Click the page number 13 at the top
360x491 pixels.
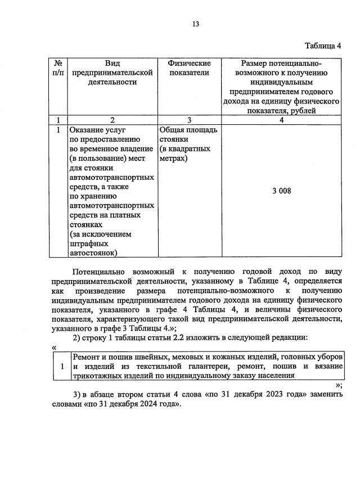click(195, 24)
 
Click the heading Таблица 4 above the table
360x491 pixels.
click(323, 46)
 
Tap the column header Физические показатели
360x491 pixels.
click(189, 68)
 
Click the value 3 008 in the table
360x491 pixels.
click(281, 191)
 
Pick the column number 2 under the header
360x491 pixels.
click(112, 120)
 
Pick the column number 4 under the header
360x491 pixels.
click(281, 120)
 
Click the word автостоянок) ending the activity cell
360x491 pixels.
click(93, 253)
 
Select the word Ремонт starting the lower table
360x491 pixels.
click(85, 358)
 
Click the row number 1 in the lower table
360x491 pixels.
click(61, 367)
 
